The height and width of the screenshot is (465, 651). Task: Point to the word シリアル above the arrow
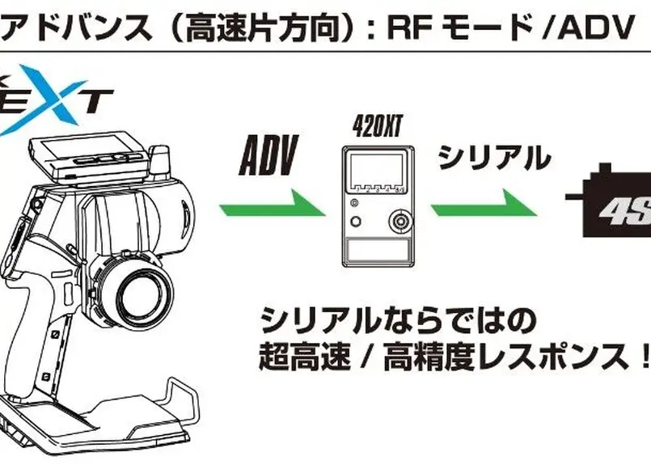[x=493, y=158]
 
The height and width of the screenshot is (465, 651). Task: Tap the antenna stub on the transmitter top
[x=161, y=159]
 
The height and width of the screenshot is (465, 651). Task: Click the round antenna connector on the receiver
[x=399, y=221]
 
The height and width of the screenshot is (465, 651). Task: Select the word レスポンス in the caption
[x=547, y=355]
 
